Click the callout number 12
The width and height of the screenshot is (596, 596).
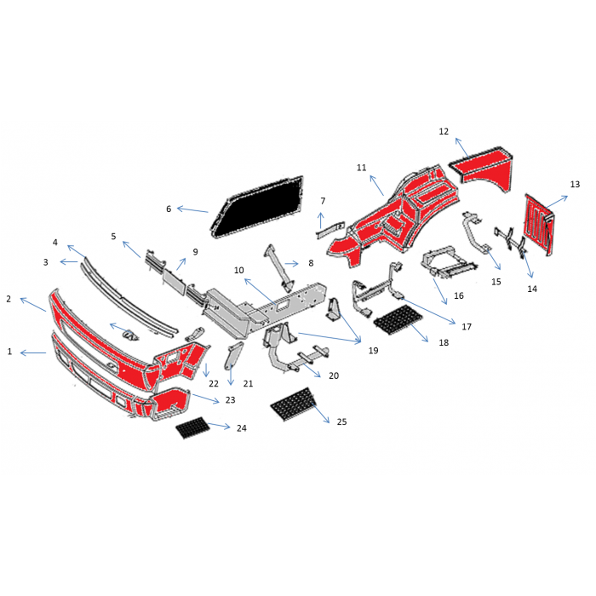(x=444, y=131)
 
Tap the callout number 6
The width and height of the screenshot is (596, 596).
(x=169, y=209)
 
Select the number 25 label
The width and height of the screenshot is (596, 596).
(x=341, y=421)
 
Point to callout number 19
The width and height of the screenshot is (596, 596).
(x=373, y=351)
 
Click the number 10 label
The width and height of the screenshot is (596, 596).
(x=238, y=270)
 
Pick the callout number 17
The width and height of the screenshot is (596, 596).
(x=467, y=326)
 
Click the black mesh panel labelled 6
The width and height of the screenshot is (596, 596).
(x=257, y=208)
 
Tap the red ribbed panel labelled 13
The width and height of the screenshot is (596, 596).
(x=539, y=225)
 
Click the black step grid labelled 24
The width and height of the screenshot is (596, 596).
(x=192, y=427)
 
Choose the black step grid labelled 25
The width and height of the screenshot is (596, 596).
(x=294, y=404)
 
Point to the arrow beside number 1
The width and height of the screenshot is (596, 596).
(x=33, y=353)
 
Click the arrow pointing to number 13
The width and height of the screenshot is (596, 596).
(x=557, y=202)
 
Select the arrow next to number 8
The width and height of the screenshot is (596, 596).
(x=291, y=263)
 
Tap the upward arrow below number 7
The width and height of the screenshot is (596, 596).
(x=321, y=221)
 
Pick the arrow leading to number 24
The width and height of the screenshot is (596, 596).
(x=219, y=426)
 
